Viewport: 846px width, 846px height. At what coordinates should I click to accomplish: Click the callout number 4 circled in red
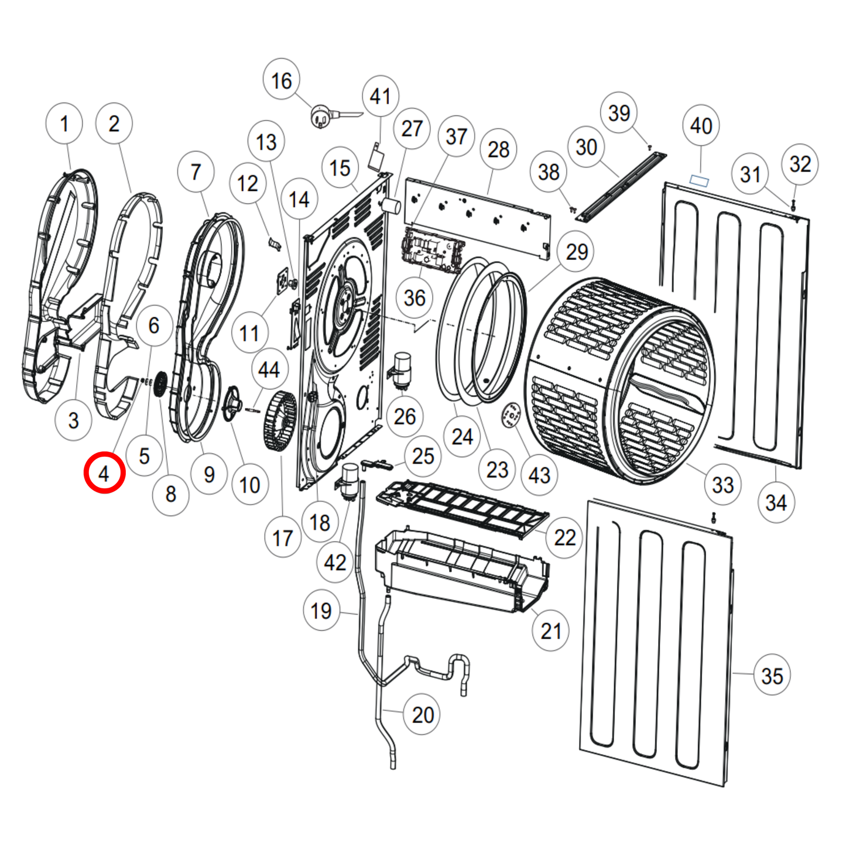click(104, 472)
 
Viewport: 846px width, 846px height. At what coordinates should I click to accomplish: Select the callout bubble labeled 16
click(281, 81)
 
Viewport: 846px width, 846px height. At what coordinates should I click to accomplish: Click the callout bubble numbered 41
click(380, 95)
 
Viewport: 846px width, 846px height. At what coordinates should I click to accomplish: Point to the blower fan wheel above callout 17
click(280, 422)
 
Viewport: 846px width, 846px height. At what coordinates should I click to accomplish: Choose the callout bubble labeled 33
click(722, 484)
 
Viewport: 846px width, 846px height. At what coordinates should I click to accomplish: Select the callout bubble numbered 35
click(772, 676)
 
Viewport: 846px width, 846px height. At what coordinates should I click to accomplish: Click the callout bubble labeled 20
click(423, 714)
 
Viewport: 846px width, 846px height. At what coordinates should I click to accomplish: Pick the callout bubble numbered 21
click(550, 631)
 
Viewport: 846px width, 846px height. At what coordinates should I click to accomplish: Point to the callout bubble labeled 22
click(564, 537)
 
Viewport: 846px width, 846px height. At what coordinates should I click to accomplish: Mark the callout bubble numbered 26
click(405, 416)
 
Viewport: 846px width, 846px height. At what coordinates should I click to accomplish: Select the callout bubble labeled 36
click(415, 297)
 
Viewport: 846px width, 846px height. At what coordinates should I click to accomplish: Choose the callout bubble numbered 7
click(196, 172)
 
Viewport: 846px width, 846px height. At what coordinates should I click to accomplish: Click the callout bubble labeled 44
click(269, 369)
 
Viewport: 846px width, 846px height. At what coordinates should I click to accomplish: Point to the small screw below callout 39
click(649, 148)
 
